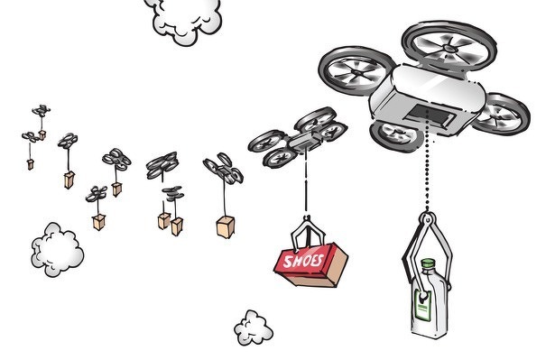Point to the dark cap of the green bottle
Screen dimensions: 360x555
click(429, 264)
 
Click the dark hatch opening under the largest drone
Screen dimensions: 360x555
click(432, 116)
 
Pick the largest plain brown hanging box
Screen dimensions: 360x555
click(226, 226)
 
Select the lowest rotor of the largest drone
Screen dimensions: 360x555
click(395, 134)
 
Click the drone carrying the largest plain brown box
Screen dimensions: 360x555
click(222, 169)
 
